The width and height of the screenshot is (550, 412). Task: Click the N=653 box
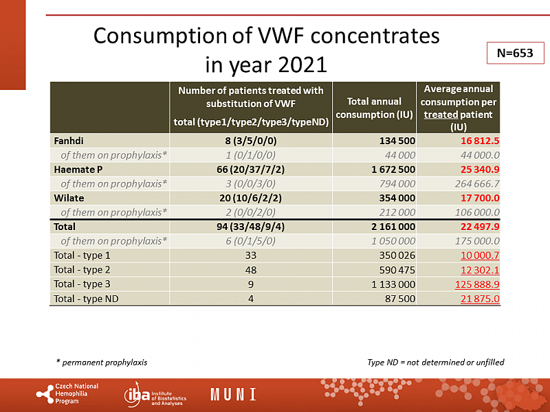pos(511,53)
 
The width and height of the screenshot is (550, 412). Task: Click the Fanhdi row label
pos(68,141)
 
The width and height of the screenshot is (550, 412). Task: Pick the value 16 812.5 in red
pos(476,141)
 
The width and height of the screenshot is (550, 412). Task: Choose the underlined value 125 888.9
pos(475,284)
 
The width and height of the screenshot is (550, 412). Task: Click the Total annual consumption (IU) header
pos(374,108)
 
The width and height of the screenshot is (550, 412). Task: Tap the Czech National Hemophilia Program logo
pos(67,393)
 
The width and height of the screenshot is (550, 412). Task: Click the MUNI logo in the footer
pos(233,395)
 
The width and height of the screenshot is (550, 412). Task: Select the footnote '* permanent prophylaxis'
pos(101,362)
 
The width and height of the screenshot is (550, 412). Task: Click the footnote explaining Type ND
pos(436,362)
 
